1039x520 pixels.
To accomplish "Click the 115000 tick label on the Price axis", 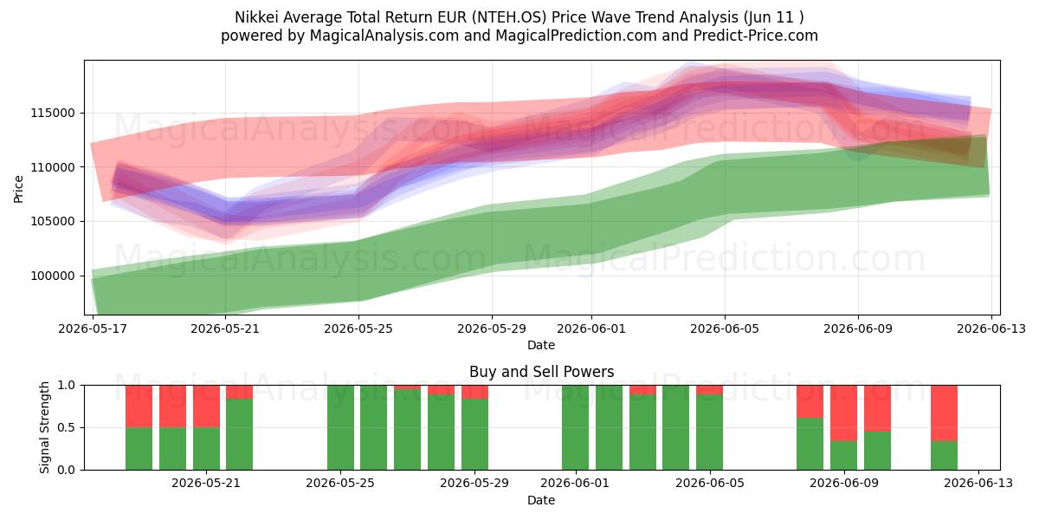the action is (53, 113).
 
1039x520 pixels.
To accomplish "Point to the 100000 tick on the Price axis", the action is (53, 276).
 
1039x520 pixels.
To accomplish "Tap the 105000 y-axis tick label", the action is (53, 222).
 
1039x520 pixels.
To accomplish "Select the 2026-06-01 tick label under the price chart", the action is (591, 328).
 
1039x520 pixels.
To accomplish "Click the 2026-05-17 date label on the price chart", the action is (93, 328).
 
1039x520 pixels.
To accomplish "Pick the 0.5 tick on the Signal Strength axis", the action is (66, 427).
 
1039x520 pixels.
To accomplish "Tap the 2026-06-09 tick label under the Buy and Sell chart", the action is (844, 484).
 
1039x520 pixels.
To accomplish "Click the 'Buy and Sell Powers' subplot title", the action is (542, 372).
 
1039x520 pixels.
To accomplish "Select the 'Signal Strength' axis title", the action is (44, 427).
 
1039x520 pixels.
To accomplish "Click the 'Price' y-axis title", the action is (18, 189).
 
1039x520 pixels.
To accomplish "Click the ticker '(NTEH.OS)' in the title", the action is (509, 17).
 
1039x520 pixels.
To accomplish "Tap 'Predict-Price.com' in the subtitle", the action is (756, 36).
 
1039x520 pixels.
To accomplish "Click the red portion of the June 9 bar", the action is (843, 413).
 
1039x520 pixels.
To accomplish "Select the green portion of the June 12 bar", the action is (945, 456).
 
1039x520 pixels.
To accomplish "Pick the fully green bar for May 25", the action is (340, 427).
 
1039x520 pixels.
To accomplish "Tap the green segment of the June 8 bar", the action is (810, 444).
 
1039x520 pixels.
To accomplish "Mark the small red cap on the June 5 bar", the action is (709, 390).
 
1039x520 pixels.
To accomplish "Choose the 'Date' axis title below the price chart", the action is (541, 345).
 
